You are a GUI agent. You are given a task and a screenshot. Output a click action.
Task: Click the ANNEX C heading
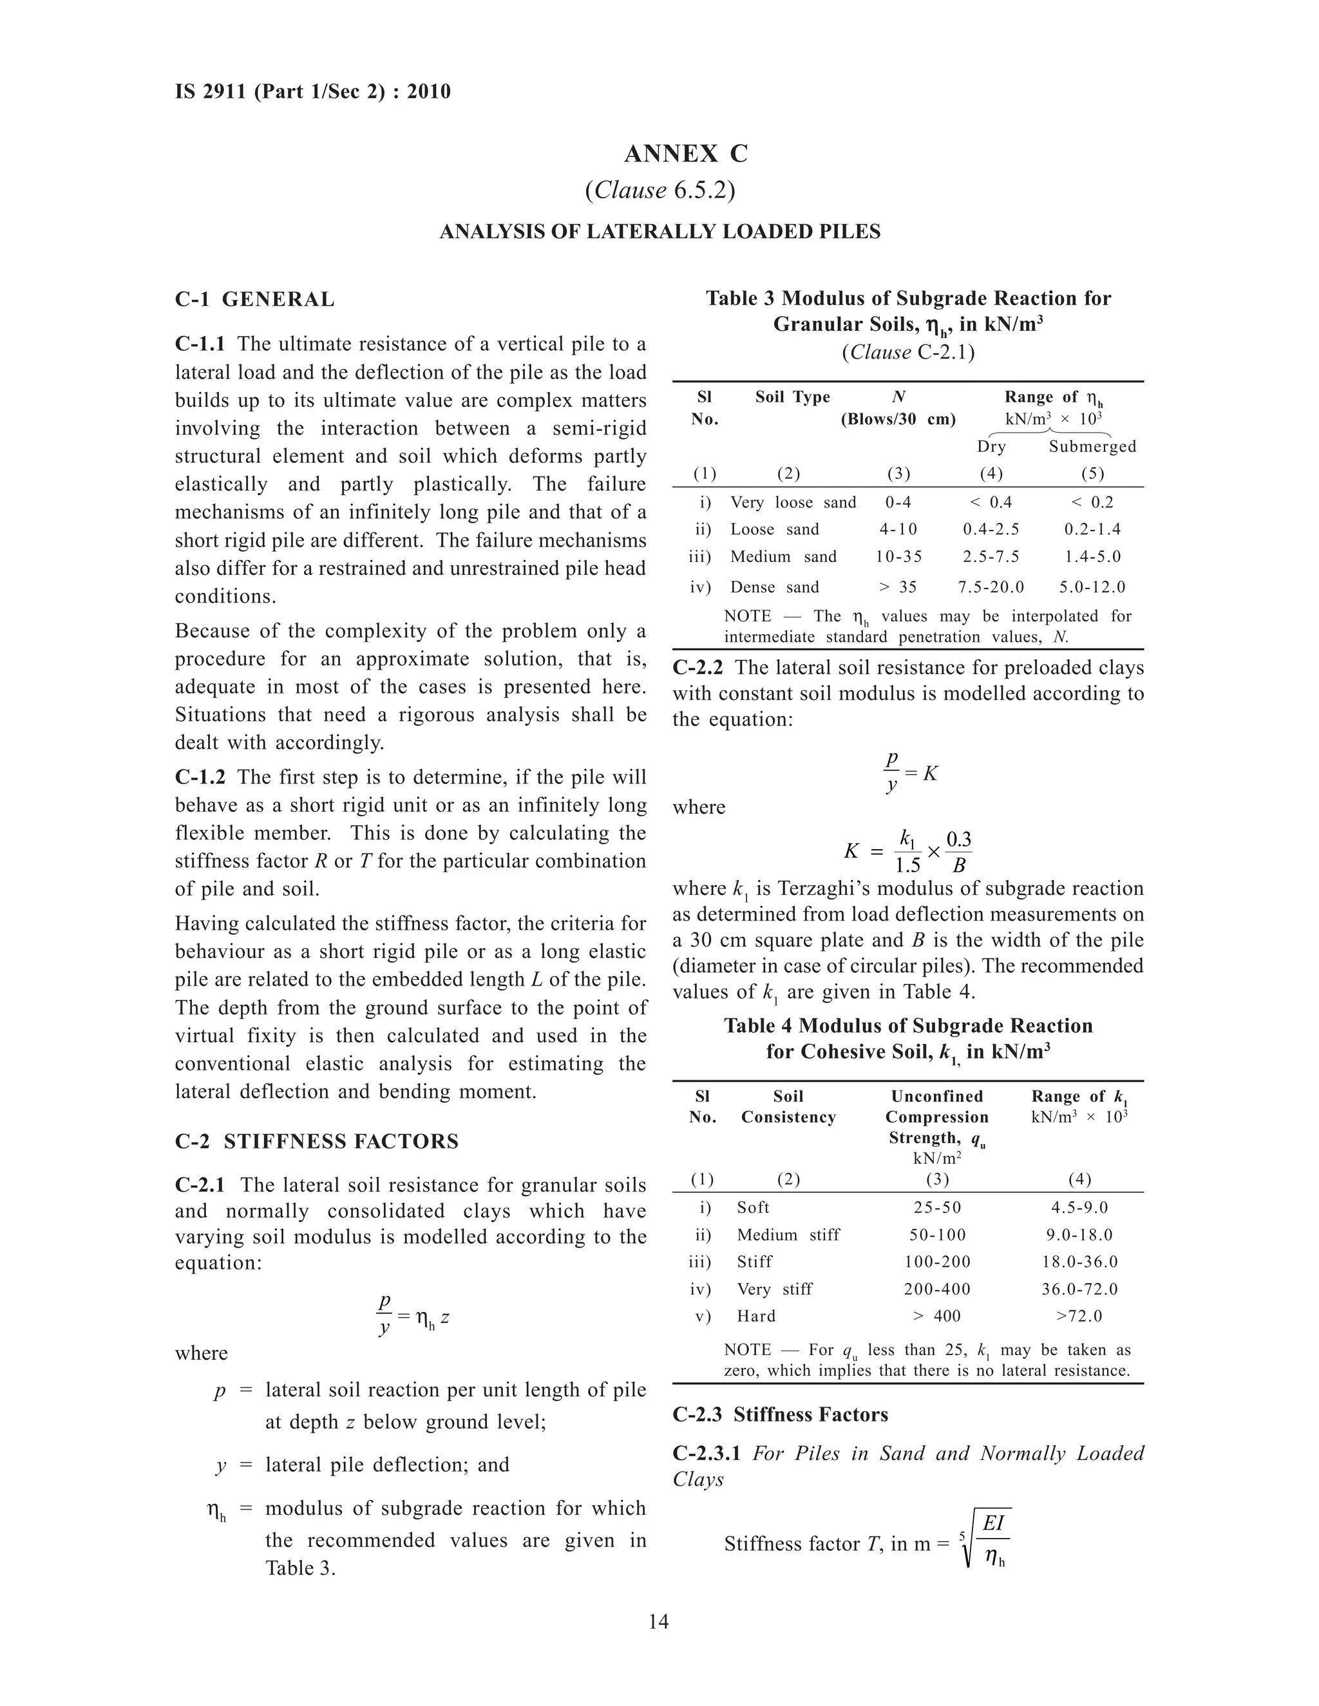pos(685,154)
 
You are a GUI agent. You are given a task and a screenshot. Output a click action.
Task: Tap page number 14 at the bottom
pos(658,1622)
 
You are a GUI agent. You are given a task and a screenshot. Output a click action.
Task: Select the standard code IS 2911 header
pos(312,92)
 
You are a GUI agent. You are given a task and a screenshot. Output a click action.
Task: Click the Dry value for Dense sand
pos(990,586)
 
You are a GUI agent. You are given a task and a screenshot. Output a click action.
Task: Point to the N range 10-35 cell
pos(898,556)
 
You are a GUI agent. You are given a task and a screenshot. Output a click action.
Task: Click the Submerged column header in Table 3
pos(1092,446)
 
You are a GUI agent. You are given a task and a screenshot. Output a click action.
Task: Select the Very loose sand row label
pos(792,502)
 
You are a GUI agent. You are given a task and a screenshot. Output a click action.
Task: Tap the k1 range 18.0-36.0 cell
pos(1079,1262)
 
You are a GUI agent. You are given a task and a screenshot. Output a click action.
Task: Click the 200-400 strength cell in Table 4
pos(937,1289)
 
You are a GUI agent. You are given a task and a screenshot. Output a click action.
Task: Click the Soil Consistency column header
pos(788,1106)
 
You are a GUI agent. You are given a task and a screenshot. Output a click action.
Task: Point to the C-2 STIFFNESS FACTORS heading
pos(316,1141)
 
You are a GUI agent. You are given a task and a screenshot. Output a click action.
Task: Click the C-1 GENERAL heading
pos(255,299)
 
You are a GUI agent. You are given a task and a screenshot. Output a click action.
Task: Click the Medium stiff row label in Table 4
pos(788,1234)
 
